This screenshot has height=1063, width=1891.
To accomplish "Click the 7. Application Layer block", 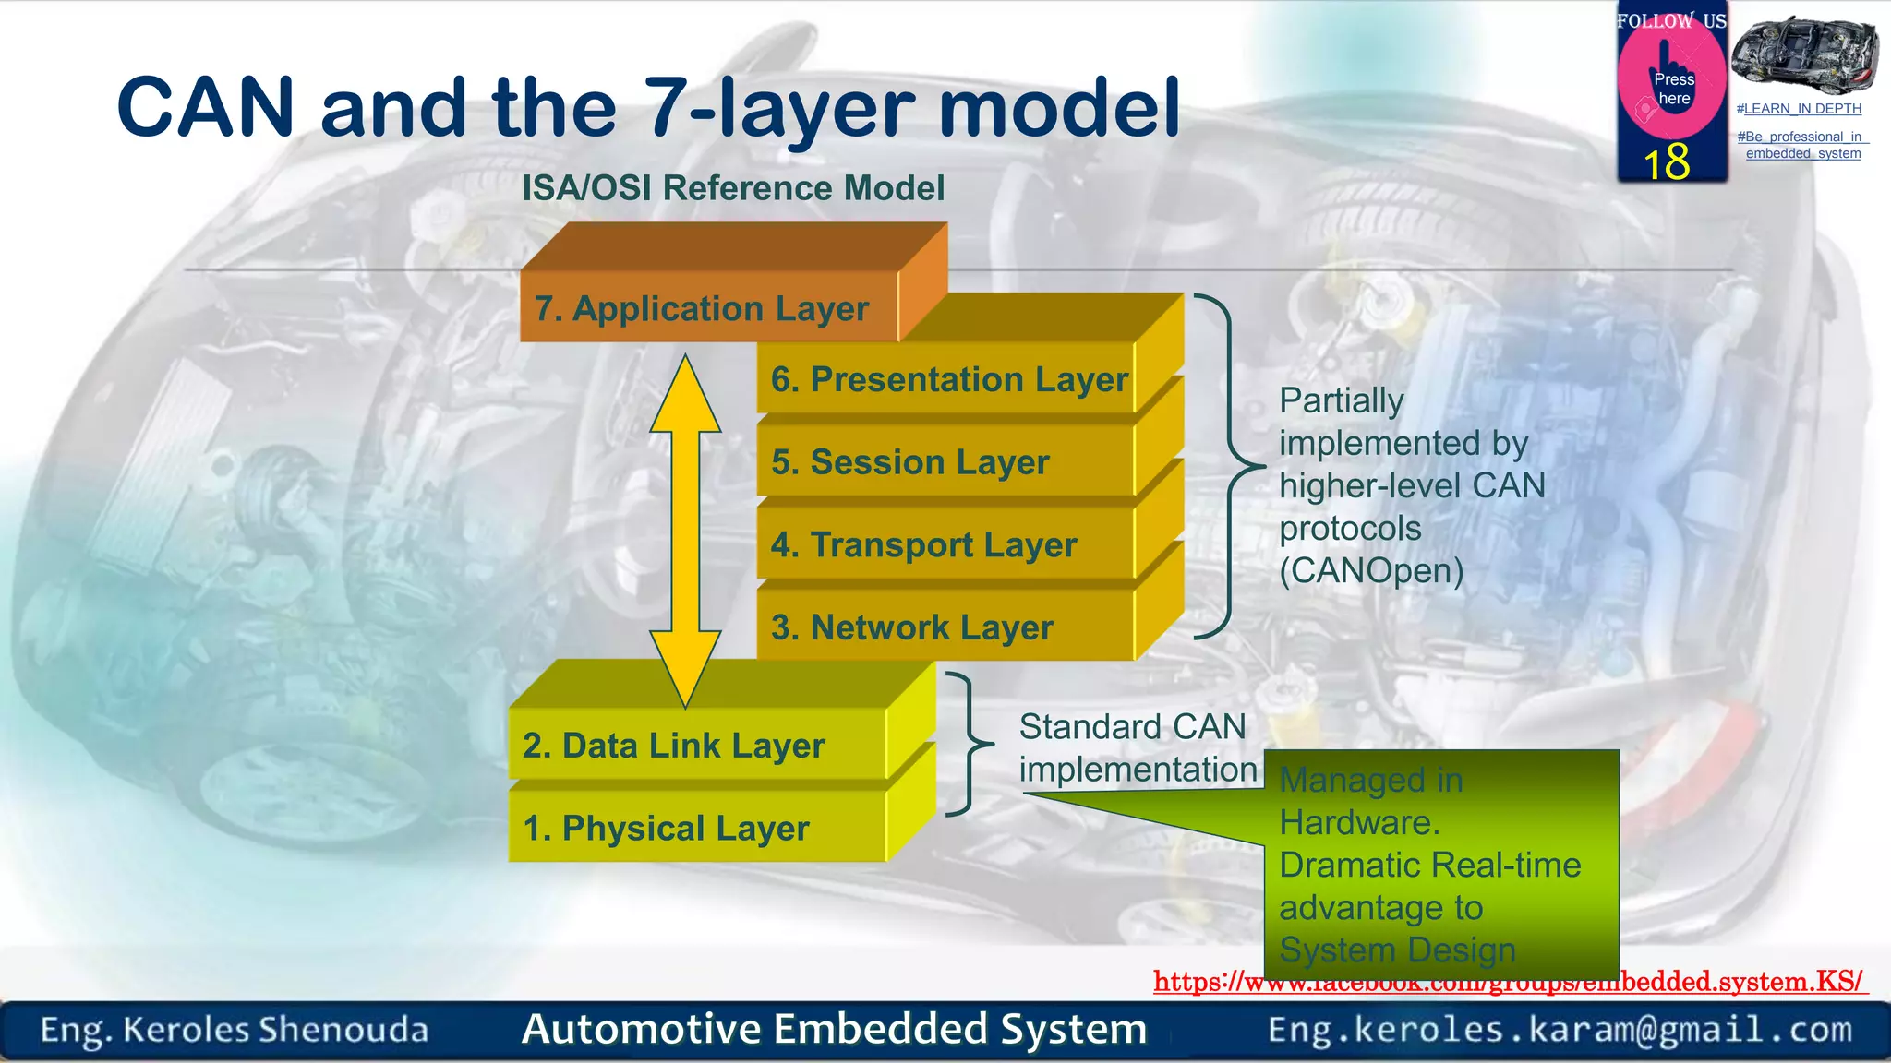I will pyautogui.click(x=702, y=308).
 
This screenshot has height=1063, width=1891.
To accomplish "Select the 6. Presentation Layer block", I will pyautogui.click(x=948, y=379).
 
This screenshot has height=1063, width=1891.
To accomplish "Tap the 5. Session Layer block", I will pyautogui.click(x=909, y=461).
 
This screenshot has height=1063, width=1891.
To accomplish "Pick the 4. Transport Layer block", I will pyautogui.click(x=923, y=544).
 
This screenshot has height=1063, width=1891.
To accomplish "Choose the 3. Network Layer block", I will pyautogui.click(x=911, y=627).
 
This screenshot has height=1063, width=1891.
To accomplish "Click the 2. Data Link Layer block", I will pyautogui.click(x=673, y=746).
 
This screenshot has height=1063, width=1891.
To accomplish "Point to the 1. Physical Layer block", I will pyautogui.click(x=666, y=828).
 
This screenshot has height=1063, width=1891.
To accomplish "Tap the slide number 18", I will pyautogui.click(x=1667, y=162).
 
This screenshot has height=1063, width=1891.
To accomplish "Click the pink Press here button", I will pyautogui.click(x=1672, y=88).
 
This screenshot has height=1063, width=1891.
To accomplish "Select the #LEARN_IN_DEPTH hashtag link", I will pyautogui.click(x=1799, y=109).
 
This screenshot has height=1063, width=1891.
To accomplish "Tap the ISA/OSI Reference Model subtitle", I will pyautogui.click(x=733, y=188).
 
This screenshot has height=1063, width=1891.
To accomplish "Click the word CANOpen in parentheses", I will pyautogui.click(x=1372, y=571).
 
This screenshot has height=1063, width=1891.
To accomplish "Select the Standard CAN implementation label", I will pyautogui.click(x=1136, y=747).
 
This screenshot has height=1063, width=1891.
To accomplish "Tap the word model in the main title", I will pyautogui.click(x=1059, y=109).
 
